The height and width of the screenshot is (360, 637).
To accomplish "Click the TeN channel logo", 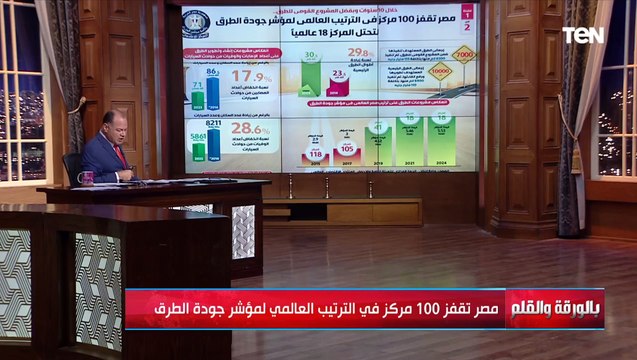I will point(582,35).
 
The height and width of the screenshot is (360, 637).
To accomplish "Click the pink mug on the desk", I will point(87,177).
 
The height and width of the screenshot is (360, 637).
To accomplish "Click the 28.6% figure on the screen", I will point(251,130).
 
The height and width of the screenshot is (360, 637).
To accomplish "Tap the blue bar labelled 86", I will point(212,91).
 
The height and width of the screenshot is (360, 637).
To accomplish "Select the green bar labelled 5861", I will point(197,150).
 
